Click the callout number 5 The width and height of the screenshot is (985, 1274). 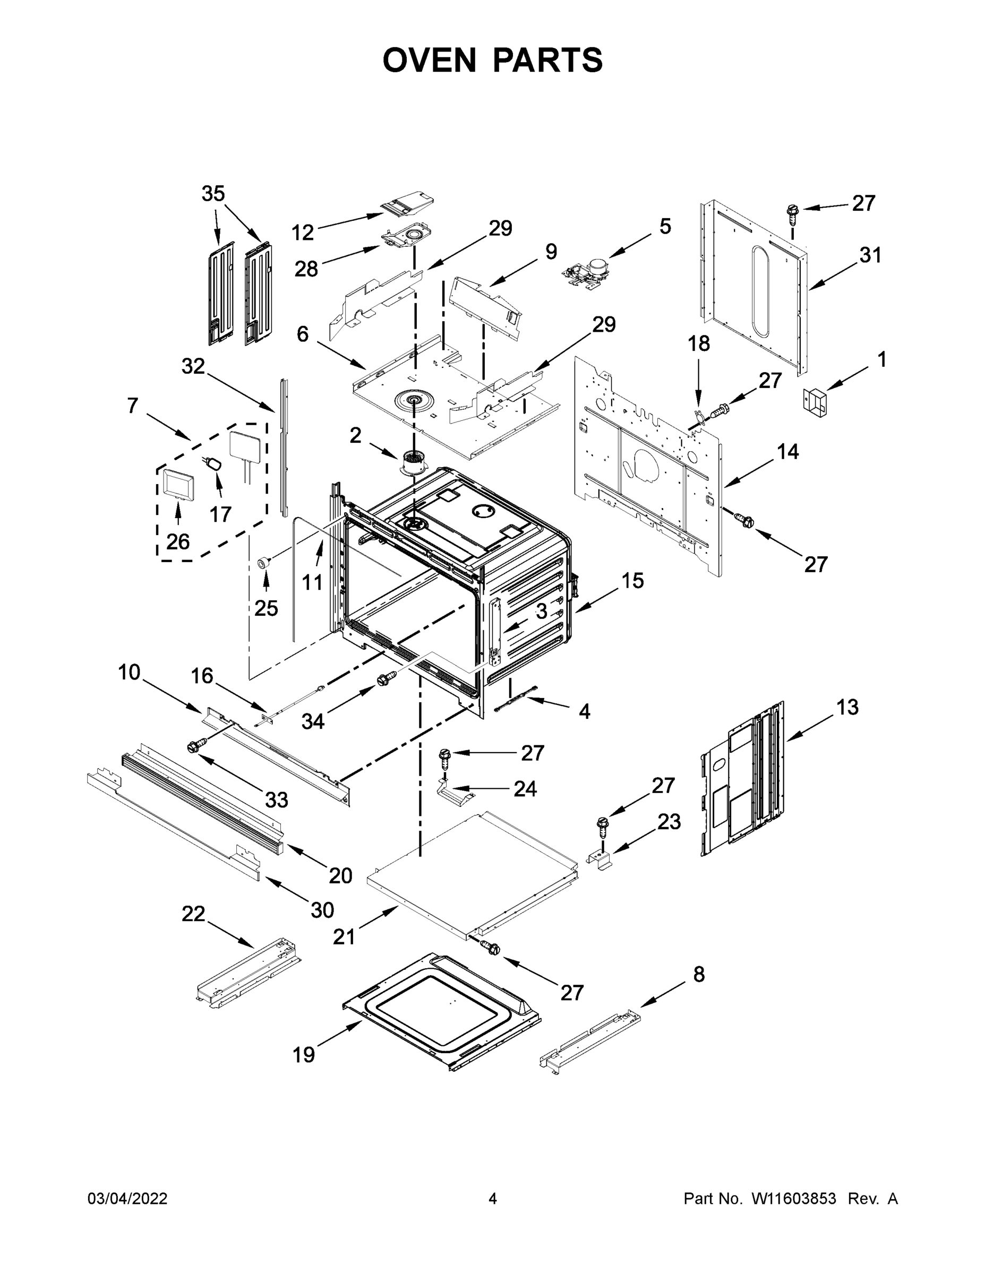(x=665, y=226)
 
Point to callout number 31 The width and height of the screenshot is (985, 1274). (x=870, y=255)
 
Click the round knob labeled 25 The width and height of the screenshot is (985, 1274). (x=265, y=562)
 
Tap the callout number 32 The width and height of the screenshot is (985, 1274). (x=193, y=366)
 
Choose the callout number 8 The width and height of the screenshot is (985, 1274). (x=698, y=974)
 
